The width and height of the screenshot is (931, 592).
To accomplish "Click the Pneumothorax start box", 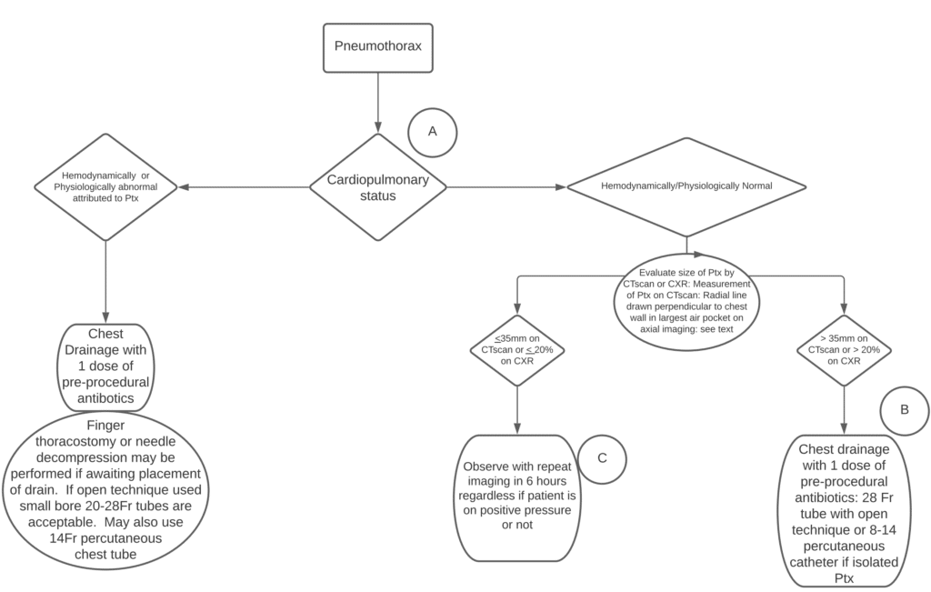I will pos(378,45).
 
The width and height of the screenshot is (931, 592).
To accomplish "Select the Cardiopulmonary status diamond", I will pos(377,187).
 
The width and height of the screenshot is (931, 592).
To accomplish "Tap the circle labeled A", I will pos(432,131).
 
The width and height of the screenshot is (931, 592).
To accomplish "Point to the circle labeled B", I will pos(904,409).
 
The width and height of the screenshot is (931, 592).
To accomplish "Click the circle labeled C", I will pos(603,457).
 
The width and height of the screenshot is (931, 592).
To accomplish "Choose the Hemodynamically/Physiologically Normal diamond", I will pos(686,186).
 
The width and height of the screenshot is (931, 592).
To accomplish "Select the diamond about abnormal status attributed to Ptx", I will pos(105,187).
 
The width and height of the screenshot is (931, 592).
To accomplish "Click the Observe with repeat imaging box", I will pos(516,497).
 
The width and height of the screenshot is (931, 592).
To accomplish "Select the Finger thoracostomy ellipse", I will pos(106,492).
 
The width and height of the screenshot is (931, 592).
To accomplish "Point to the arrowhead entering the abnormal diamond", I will pos(185,187).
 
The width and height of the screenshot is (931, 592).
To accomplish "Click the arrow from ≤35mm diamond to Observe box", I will pos(516,409).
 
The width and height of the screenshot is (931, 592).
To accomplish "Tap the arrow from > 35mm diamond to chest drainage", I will pos(845,409).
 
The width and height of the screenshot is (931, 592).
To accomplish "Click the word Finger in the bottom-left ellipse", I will pos(105,425).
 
